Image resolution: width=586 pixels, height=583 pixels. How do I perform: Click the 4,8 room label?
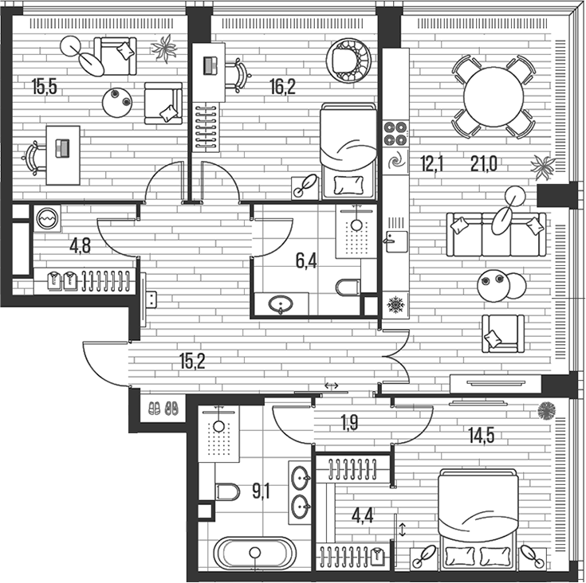click(x=80, y=245)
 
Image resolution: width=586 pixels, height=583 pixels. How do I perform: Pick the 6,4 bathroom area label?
click(x=307, y=261)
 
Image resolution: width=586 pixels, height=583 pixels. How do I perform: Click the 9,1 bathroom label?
click(x=261, y=491)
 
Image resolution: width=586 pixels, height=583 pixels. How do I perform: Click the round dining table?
click(x=494, y=96)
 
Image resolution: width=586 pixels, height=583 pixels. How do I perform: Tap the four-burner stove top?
click(x=395, y=134)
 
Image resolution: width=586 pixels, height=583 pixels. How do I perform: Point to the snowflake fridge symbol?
click(x=395, y=304)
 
